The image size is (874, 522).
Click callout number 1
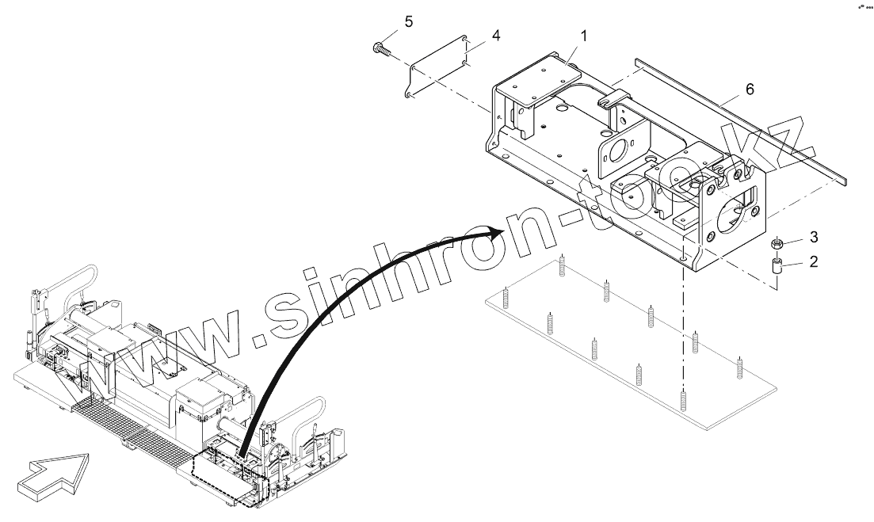tap(584, 36)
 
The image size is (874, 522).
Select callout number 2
tap(813, 261)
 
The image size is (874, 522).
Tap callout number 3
tap(813, 237)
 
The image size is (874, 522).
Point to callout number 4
tap(495, 36)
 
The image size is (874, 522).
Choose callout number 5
tap(409, 21)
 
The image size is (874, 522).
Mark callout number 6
tap(750, 90)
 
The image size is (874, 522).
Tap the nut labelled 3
tap(778, 242)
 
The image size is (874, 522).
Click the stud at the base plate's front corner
tap(683, 399)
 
